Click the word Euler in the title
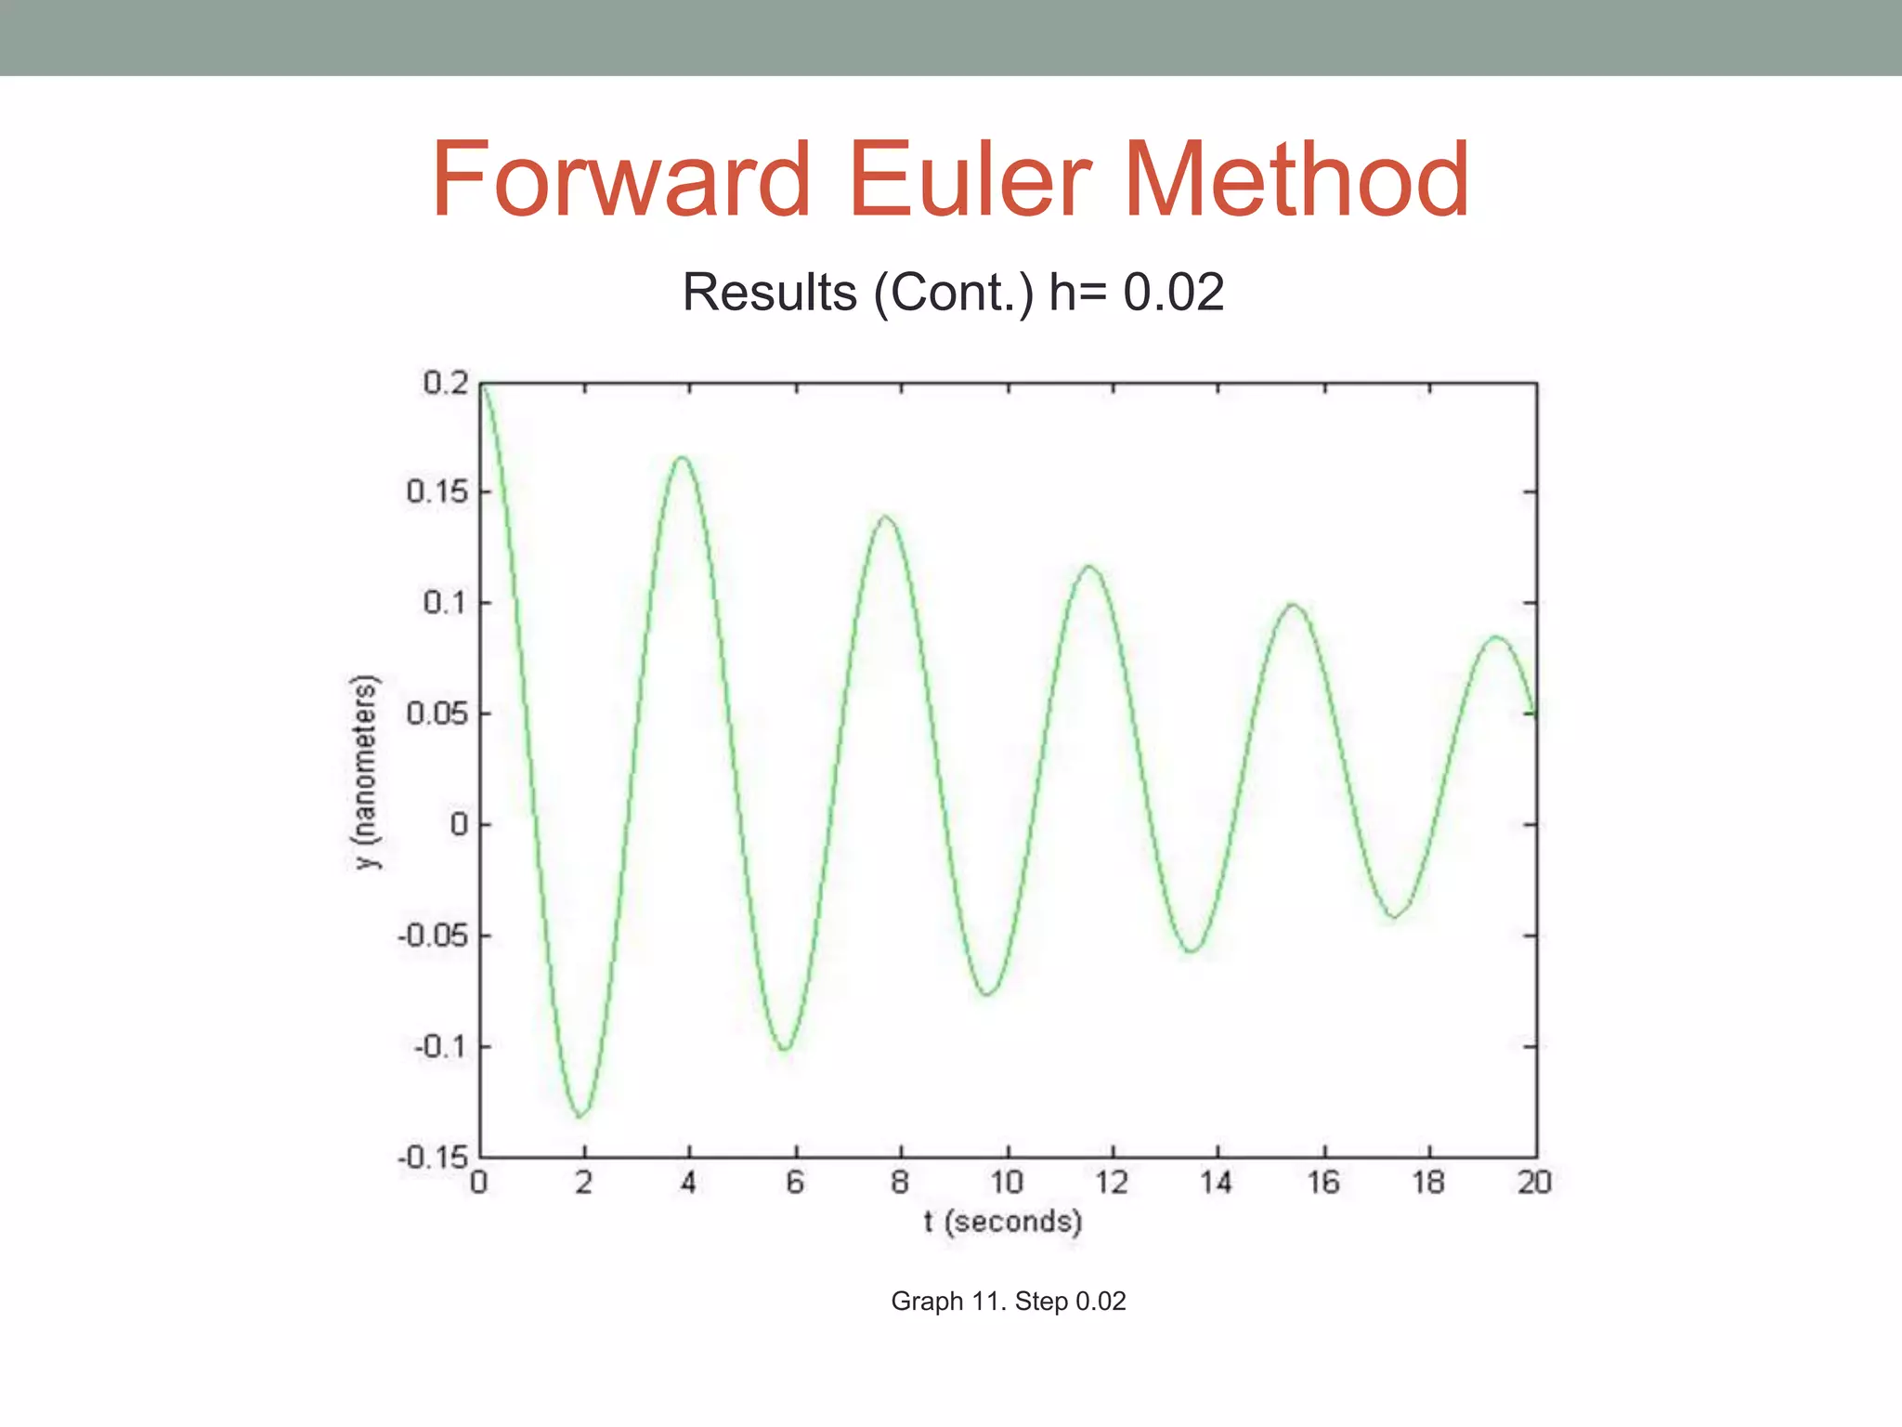coord(970,179)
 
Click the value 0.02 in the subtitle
coord(1173,293)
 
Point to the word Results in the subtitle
coord(769,293)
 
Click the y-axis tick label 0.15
coord(437,491)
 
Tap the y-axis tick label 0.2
coord(446,383)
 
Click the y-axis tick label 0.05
coord(437,713)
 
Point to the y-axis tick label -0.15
coord(433,1158)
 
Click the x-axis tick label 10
coord(1006,1183)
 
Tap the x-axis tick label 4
coord(688,1183)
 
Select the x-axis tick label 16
coord(1323,1183)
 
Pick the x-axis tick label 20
coord(1534,1183)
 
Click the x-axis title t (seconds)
coord(1003,1221)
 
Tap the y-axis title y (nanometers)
coord(367,771)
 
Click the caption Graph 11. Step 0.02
coord(1009,1301)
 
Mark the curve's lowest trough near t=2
coord(581,1115)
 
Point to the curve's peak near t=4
coord(684,457)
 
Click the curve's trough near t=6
coord(786,1049)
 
